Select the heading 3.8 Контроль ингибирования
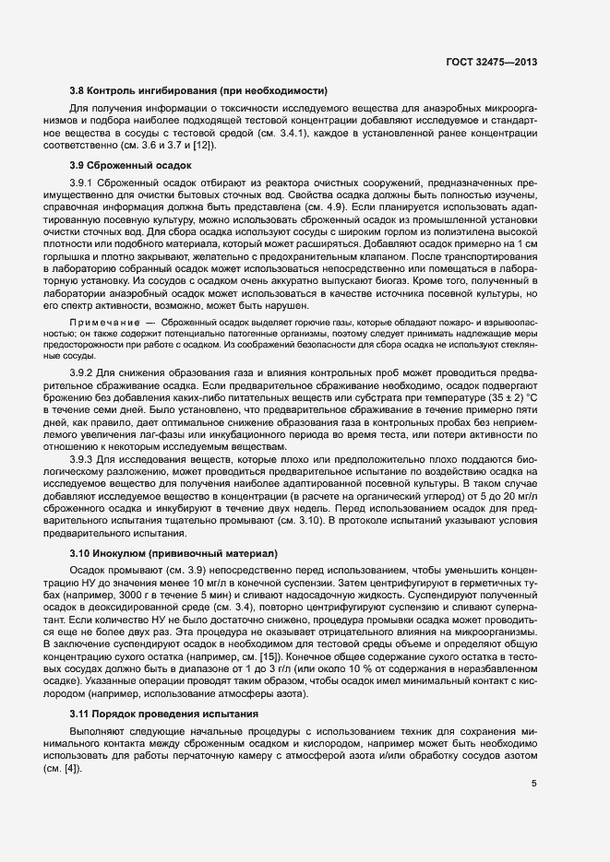point(198,90)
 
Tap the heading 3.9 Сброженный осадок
point(130,165)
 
